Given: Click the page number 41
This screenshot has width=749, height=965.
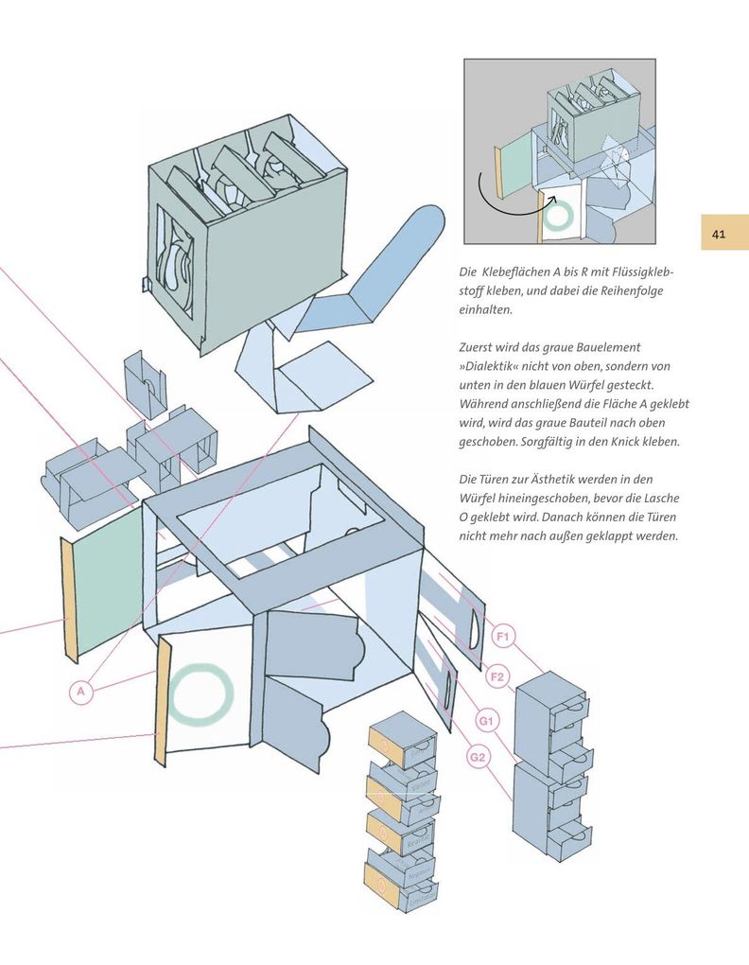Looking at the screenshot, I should [x=719, y=233].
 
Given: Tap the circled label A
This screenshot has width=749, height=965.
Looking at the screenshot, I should [x=82, y=693].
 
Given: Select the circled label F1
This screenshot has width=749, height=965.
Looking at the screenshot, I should [x=502, y=637].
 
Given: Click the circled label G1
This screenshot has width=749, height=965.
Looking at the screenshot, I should [x=486, y=721].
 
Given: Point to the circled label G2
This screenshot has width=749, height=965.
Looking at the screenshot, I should [x=479, y=758].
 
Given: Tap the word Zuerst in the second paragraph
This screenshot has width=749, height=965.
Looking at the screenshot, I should [x=479, y=347].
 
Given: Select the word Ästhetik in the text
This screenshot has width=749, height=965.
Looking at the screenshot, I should [x=555, y=480].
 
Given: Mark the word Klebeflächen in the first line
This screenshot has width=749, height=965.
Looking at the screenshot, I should [x=524, y=272].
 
